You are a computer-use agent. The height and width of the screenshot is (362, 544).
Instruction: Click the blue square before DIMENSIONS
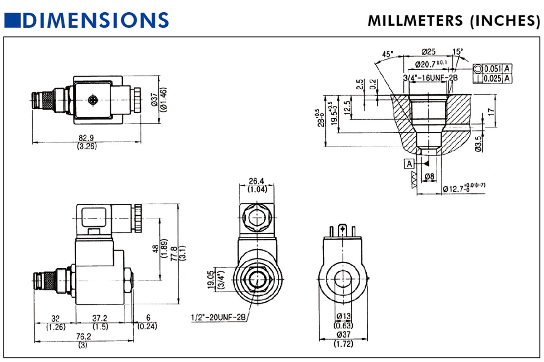[x=12, y=20]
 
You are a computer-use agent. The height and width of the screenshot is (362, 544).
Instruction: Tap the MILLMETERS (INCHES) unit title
[x=453, y=21]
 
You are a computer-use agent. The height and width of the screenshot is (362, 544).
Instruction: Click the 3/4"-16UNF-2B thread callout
[x=430, y=78]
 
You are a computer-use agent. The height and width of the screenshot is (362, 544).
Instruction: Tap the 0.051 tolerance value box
[x=492, y=69]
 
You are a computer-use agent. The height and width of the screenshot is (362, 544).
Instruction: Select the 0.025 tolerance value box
[x=492, y=78]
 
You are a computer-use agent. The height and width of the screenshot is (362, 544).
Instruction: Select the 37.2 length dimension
[x=100, y=318]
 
